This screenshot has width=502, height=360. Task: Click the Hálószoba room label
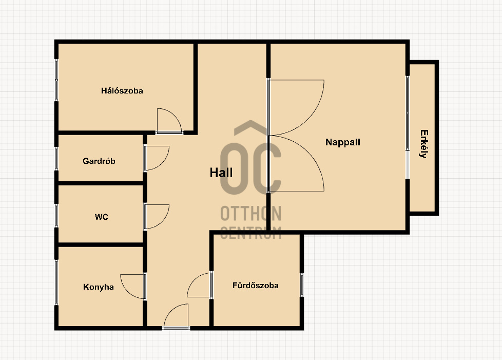click(122, 91)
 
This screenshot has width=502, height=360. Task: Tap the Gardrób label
click(99, 161)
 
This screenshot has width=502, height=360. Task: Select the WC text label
click(102, 217)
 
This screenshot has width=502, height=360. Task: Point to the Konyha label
click(98, 287)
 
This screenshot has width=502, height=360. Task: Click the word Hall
click(221, 173)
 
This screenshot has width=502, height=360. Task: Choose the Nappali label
click(342, 142)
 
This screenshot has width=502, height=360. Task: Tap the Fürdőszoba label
click(256, 286)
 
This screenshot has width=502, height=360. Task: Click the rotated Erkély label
click(424, 144)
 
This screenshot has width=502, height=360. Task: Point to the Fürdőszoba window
click(302, 285)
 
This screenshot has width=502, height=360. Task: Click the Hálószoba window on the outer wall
click(56, 80)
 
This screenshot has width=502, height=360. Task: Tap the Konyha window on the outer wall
click(56, 282)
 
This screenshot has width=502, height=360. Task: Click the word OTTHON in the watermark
click(250, 213)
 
